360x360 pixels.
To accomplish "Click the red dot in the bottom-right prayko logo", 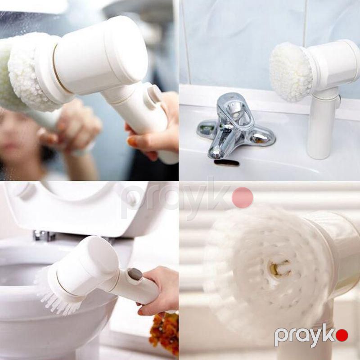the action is [x=342, y=335].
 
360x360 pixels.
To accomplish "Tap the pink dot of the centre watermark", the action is [x=243, y=198].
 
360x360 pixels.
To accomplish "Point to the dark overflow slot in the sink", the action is [x=227, y=163].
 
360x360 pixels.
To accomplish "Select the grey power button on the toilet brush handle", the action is [x=135, y=274].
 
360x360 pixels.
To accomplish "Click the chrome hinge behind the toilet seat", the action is [x=44, y=235].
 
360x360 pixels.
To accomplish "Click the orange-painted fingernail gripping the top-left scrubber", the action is [x=132, y=142].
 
